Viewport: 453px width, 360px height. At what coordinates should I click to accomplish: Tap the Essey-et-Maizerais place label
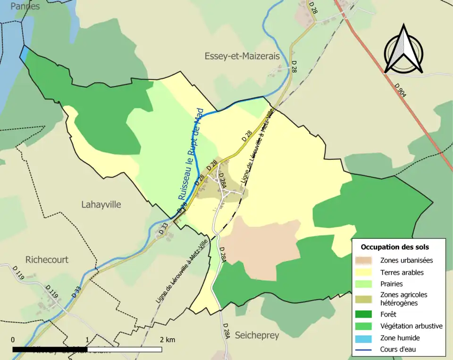click(x=242, y=56)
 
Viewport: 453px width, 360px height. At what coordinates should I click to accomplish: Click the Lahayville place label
click(x=101, y=205)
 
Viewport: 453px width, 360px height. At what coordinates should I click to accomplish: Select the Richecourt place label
click(x=47, y=260)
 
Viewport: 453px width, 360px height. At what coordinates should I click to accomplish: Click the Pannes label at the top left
click(x=25, y=7)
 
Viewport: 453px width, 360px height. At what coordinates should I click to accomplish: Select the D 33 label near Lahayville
click(x=163, y=229)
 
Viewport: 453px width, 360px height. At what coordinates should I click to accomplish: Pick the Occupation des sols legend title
click(x=394, y=247)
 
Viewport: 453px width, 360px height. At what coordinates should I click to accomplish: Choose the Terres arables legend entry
click(x=402, y=272)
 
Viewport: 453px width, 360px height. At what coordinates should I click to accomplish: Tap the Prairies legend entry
click(x=391, y=284)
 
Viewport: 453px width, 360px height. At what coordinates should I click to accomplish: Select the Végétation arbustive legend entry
click(x=411, y=326)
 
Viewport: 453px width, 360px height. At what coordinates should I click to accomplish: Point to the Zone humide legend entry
click(x=400, y=338)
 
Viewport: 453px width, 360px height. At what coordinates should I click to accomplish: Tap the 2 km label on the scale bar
click(x=168, y=340)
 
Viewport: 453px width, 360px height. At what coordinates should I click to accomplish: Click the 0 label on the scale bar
click(x=13, y=340)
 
